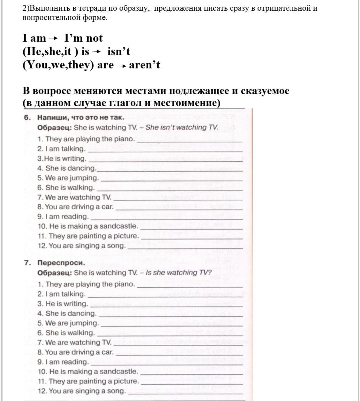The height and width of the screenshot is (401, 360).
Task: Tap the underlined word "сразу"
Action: click(239, 8)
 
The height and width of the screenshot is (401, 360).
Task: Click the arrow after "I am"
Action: click(53, 38)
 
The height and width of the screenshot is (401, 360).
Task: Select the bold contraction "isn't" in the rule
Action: click(119, 52)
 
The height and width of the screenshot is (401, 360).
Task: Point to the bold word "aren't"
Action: click(144, 65)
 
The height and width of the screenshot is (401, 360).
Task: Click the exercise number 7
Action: click(27, 263)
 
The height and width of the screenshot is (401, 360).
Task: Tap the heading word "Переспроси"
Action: click(61, 263)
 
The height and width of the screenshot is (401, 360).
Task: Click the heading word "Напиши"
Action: click(52, 117)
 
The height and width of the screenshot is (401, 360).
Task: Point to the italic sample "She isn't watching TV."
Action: click(182, 127)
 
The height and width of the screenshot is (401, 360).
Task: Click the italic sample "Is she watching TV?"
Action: click(179, 273)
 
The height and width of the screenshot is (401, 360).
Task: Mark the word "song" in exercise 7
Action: click(118, 391)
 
